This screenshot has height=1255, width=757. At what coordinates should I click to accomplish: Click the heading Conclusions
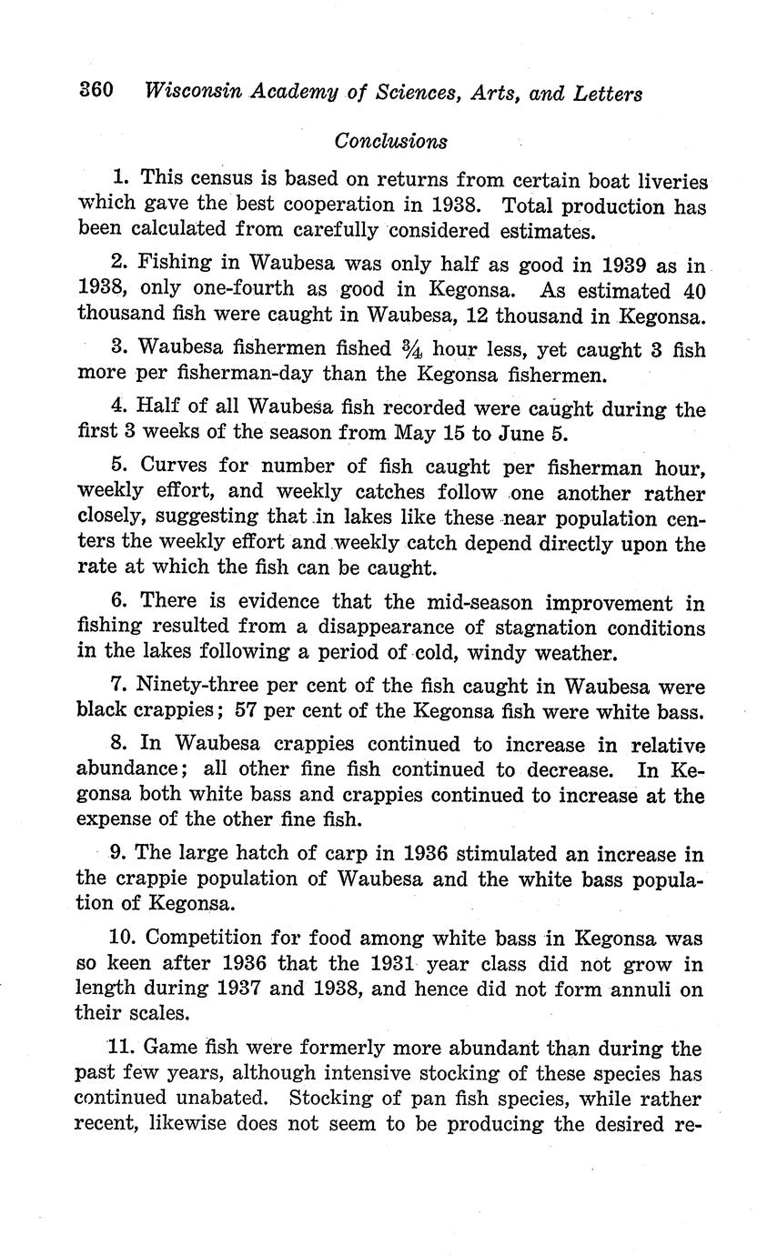tap(390, 141)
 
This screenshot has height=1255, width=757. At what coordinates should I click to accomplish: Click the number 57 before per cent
tap(247, 711)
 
